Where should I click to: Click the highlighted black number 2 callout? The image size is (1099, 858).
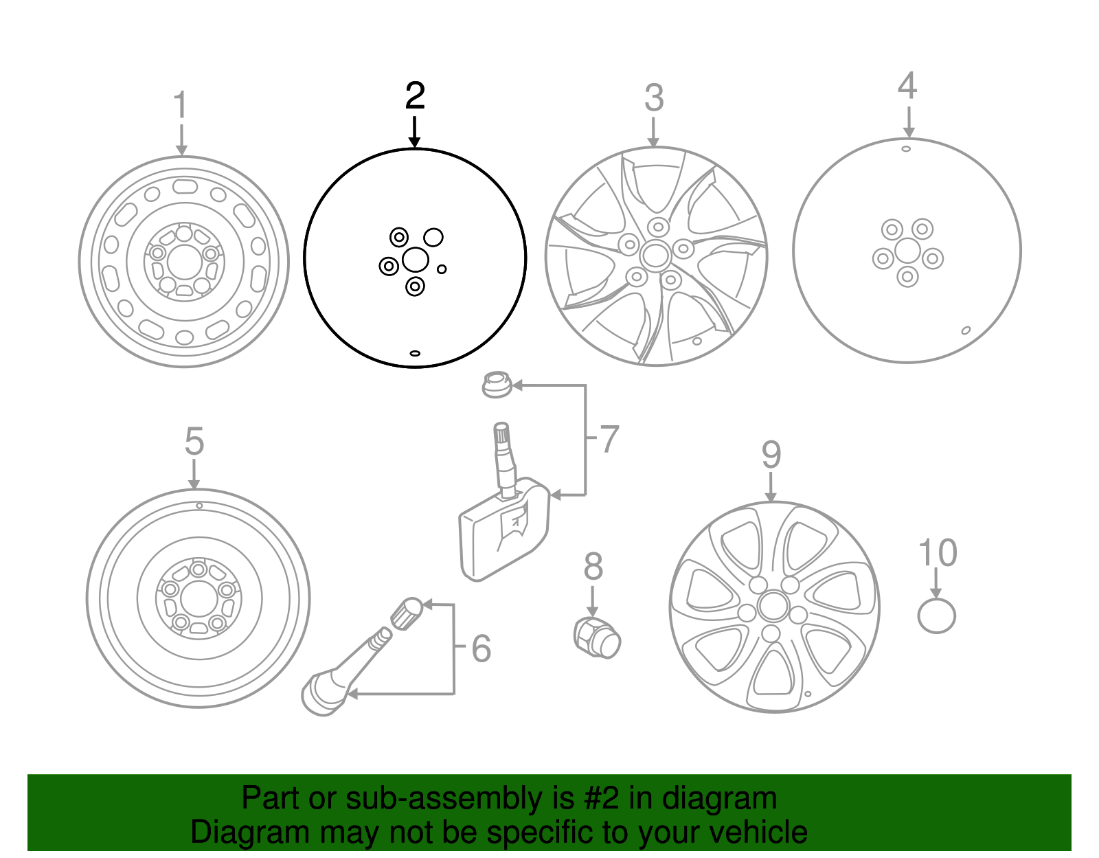point(415,96)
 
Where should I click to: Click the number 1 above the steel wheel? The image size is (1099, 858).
point(180,106)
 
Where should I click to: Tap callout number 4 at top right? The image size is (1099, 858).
point(907,87)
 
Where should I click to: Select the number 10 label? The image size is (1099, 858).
point(937,554)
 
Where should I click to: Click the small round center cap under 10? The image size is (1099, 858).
point(936,616)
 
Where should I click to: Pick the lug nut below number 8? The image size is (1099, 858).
point(597,637)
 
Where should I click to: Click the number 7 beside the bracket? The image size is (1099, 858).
point(609,440)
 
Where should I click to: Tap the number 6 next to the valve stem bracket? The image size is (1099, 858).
point(481,648)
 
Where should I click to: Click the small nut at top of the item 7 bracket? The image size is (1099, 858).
point(497,384)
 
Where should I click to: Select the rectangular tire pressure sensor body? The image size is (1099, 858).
point(503,536)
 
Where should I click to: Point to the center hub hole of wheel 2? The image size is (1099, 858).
point(415,260)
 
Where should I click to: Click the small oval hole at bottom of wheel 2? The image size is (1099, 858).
point(415,353)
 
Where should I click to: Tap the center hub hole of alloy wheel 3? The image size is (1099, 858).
point(655,256)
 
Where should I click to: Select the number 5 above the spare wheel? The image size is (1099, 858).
point(194,442)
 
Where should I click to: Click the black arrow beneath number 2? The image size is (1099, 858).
point(414,133)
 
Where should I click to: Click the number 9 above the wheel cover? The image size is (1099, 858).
point(771,455)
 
